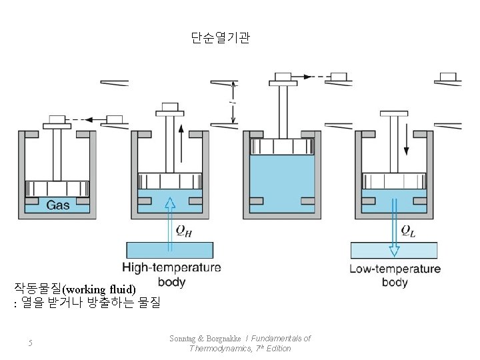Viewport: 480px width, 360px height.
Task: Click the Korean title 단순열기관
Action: point(220,39)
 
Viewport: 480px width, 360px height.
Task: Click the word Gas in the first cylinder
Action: point(58,205)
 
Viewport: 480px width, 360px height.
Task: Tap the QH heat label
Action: point(185,231)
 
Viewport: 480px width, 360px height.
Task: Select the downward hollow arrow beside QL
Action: point(395,227)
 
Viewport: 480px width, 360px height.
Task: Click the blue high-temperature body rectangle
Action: point(170,250)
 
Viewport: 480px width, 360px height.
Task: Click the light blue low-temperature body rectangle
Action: point(395,250)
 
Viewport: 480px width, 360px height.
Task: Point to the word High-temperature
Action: point(171,269)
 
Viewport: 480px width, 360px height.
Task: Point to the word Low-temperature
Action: point(395,269)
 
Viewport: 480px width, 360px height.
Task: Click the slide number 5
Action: point(30,343)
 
